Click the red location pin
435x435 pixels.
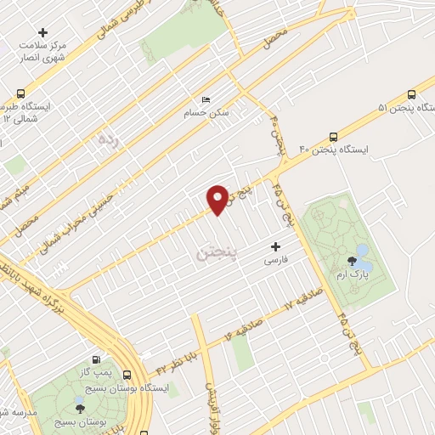point(217,200)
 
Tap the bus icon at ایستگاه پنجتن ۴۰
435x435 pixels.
point(332,135)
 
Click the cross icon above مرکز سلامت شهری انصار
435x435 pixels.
point(43,32)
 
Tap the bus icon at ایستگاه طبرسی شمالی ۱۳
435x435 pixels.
point(20,94)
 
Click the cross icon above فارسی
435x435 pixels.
point(274,246)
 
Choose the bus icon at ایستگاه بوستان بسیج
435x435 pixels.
point(127,374)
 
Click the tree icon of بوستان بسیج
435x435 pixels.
point(80,409)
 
